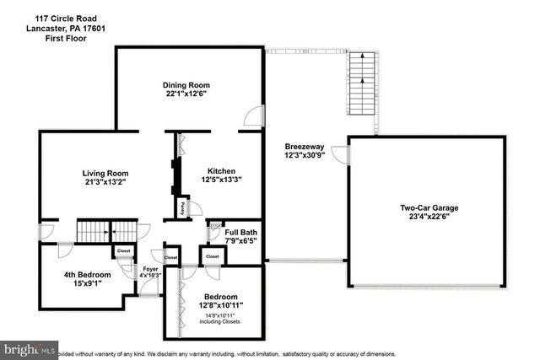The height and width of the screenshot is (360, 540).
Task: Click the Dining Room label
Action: (x=186, y=85)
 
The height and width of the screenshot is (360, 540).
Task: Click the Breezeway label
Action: (x=302, y=147)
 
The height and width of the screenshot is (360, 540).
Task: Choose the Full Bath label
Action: (x=240, y=233)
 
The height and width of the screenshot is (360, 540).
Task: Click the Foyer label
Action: (x=149, y=269)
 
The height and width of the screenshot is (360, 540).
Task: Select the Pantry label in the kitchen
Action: (x=183, y=206)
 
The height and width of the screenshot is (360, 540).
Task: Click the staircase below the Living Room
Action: (x=94, y=230)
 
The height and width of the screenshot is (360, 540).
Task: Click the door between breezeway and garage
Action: (x=340, y=155)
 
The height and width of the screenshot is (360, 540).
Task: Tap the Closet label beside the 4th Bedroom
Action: (x=123, y=250)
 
